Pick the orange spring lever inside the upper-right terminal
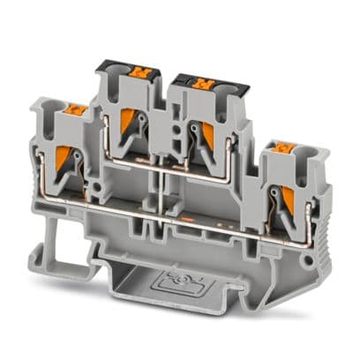pos(209,133)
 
